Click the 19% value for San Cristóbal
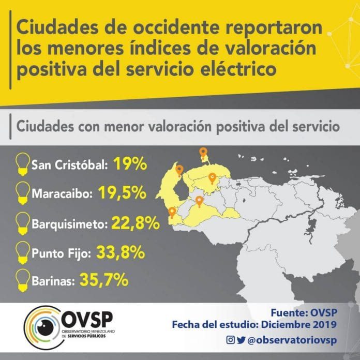(130, 163)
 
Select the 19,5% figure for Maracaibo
(123, 192)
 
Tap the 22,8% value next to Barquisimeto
(136, 223)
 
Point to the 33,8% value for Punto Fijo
(121, 252)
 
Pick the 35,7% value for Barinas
(104, 279)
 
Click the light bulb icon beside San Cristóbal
(23, 164)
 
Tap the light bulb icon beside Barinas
(23, 280)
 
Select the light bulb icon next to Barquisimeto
(23, 223)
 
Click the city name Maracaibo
(62, 193)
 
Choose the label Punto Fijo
(61, 253)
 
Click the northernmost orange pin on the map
(203, 153)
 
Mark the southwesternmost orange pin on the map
(172, 213)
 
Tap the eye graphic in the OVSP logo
(44, 327)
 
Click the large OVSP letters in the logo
(87, 319)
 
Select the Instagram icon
(230, 339)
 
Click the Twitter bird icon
(241, 340)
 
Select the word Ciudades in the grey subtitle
(45, 127)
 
